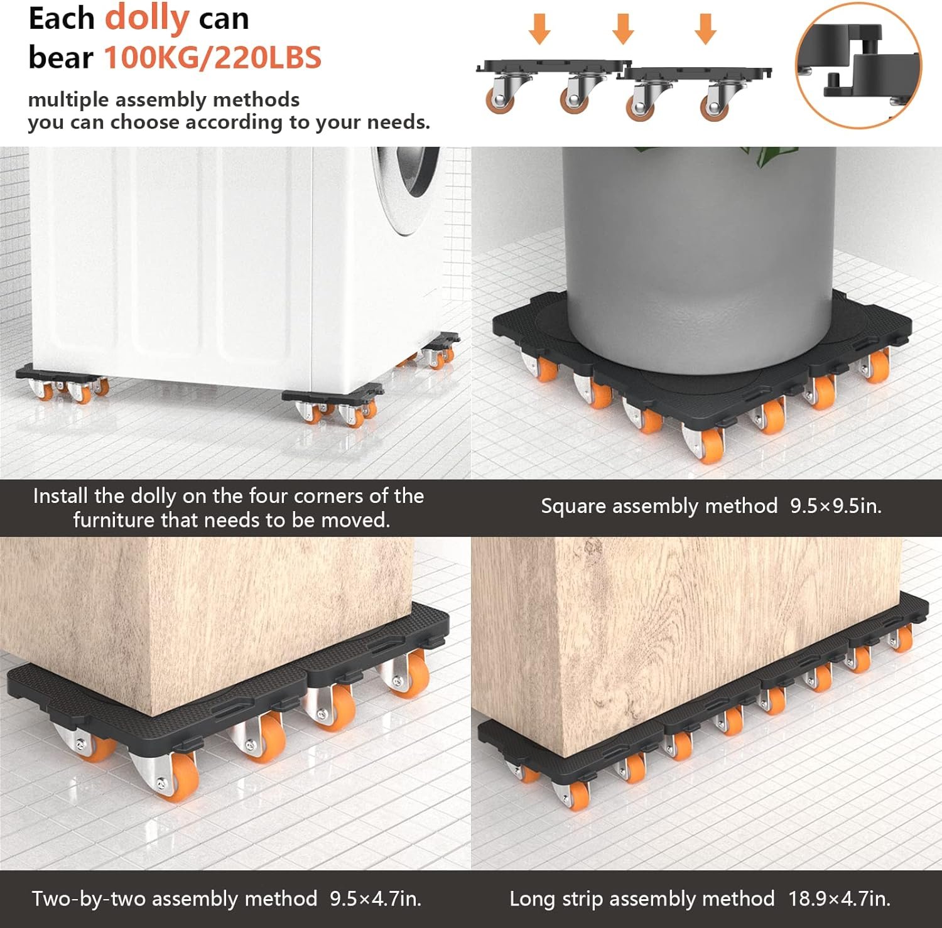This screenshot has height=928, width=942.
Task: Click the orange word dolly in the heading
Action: click(146, 18)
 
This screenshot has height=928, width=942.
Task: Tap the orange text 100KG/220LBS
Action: click(212, 58)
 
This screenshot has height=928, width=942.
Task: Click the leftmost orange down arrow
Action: click(539, 29)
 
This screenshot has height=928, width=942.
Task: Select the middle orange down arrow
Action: click(622, 29)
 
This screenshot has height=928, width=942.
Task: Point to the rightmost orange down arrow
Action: click(705, 29)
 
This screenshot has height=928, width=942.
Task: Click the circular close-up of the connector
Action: click(858, 65)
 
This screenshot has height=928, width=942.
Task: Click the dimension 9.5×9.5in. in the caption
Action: click(836, 506)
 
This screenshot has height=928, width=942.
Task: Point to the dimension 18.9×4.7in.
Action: click(839, 898)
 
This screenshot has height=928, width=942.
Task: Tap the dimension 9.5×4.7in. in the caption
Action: click(376, 898)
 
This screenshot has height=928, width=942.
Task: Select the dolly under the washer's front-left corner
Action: click(62, 382)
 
